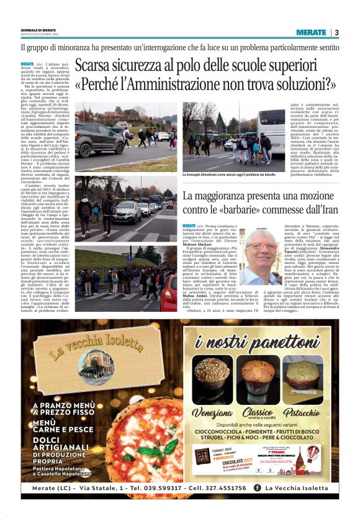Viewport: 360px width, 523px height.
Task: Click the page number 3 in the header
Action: [x=336, y=32]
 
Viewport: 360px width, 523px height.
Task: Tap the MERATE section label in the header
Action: [x=311, y=32]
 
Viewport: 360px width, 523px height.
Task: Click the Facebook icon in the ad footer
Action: [x=256, y=488]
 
